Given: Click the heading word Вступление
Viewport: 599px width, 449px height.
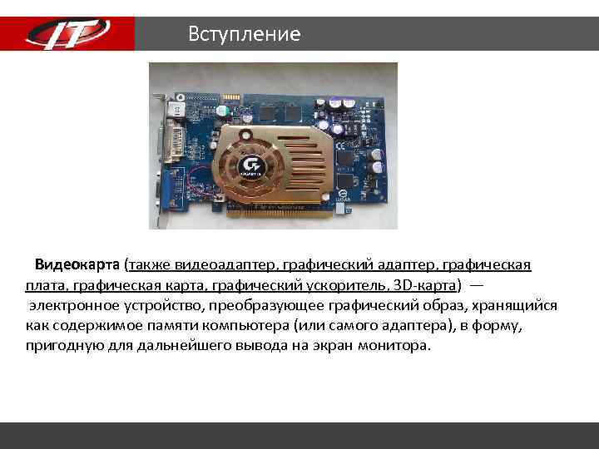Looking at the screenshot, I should click(x=244, y=34).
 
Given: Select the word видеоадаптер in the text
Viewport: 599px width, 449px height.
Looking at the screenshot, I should click(x=232, y=265).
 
